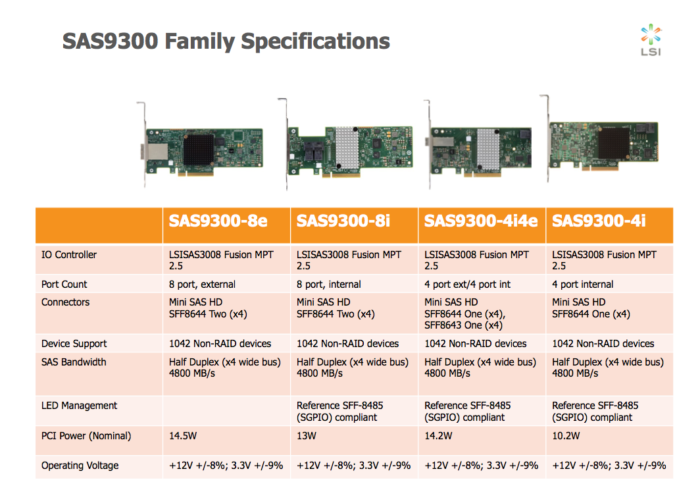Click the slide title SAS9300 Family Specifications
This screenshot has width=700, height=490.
pyautogui.click(x=226, y=41)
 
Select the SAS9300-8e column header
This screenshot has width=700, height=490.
pyautogui.click(x=218, y=221)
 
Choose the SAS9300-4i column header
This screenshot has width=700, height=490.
pyautogui.click(x=599, y=221)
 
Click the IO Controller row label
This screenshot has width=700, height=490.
pyautogui.click(x=69, y=255)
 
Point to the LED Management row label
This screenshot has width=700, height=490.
pyautogui.click(x=79, y=406)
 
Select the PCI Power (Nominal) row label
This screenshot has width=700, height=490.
pyautogui.click(x=86, y=436)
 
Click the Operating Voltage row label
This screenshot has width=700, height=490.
pyautogui.click(x=80, y=466)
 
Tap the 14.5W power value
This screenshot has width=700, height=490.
pyautogui.click(x=184, y=436)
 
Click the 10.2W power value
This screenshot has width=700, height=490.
pyautogui.click(x=566, y=436)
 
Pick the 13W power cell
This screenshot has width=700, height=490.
pyautogui.click(x=307, y=436)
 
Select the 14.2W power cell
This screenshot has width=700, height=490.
pyautogui.click(x=439, y=436)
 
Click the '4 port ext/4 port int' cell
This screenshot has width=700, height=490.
pyautogui.click(x=467, y=285)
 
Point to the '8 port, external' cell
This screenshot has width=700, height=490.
pyautogui.click(x=202, y=285)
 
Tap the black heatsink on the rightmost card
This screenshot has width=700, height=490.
pyautogui.click(x=612, y=144)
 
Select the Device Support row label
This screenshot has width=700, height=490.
pyautogui.click(x=74, y=344)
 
